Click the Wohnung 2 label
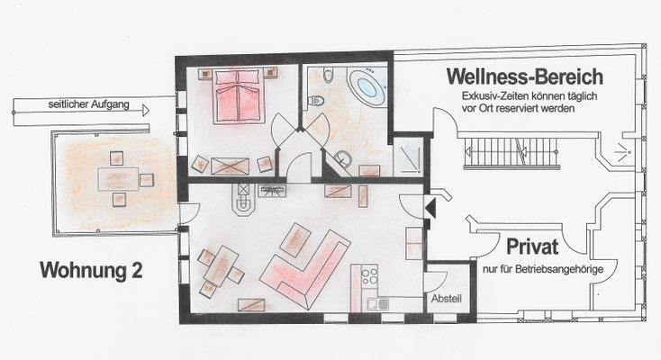[91, 270]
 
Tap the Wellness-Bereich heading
[525, 76]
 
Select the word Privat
[532, 247]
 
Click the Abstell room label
[447, 299]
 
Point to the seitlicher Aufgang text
[88, 104]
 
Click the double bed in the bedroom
[239, 96]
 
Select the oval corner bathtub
[367, 87]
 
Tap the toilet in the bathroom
[316, 101]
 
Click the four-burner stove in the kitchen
[370, 275]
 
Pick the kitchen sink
[377, 303]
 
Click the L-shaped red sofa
[305, 268]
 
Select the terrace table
[119, 179]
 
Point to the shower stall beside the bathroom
[408, 156]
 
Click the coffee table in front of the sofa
[295, 240]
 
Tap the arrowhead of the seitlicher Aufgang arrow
[146, 111]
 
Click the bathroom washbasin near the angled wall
[344, 158]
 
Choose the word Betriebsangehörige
[560, 269]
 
